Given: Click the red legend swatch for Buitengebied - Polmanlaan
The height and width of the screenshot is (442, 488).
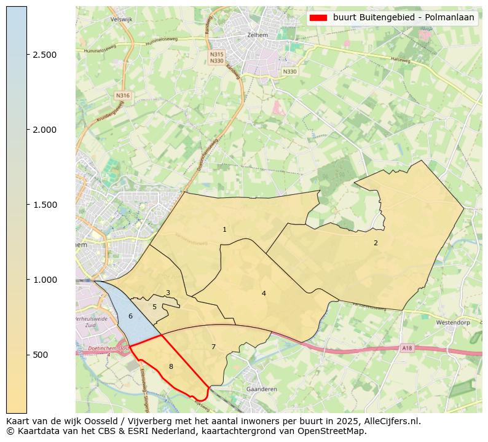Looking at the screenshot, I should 319,18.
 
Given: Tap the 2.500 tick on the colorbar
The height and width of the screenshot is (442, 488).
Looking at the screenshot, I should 27,55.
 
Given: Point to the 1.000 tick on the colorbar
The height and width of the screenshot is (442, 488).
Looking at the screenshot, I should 27,280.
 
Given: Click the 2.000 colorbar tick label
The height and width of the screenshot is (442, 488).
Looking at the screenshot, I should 45,130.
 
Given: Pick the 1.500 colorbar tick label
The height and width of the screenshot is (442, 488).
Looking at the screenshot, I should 45,205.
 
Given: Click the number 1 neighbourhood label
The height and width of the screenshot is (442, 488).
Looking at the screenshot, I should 224,230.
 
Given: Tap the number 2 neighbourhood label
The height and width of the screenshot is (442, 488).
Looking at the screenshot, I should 376,243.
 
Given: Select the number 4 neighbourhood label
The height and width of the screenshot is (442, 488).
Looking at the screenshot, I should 264,293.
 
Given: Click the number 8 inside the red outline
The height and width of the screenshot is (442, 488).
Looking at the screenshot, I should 171,367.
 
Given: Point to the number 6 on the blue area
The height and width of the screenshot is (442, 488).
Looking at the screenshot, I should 130,316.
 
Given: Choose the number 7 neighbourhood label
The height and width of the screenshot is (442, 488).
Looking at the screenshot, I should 213,347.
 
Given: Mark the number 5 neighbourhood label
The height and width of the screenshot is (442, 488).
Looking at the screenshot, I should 154,307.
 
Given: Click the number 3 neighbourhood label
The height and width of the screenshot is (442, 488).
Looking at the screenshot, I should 168,293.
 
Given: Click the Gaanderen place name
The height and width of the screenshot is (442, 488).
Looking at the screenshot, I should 261,389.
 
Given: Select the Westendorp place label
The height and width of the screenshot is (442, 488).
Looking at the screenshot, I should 452,322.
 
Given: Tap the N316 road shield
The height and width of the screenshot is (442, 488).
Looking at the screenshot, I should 122,95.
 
